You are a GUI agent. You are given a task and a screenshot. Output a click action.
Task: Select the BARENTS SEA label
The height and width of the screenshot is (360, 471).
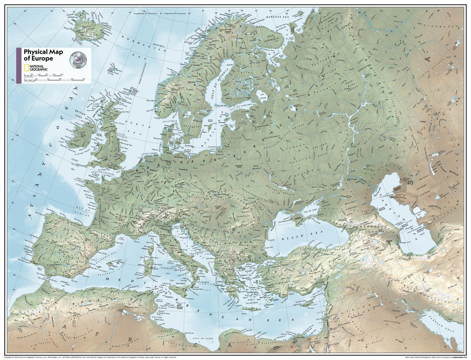coord(275,18)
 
